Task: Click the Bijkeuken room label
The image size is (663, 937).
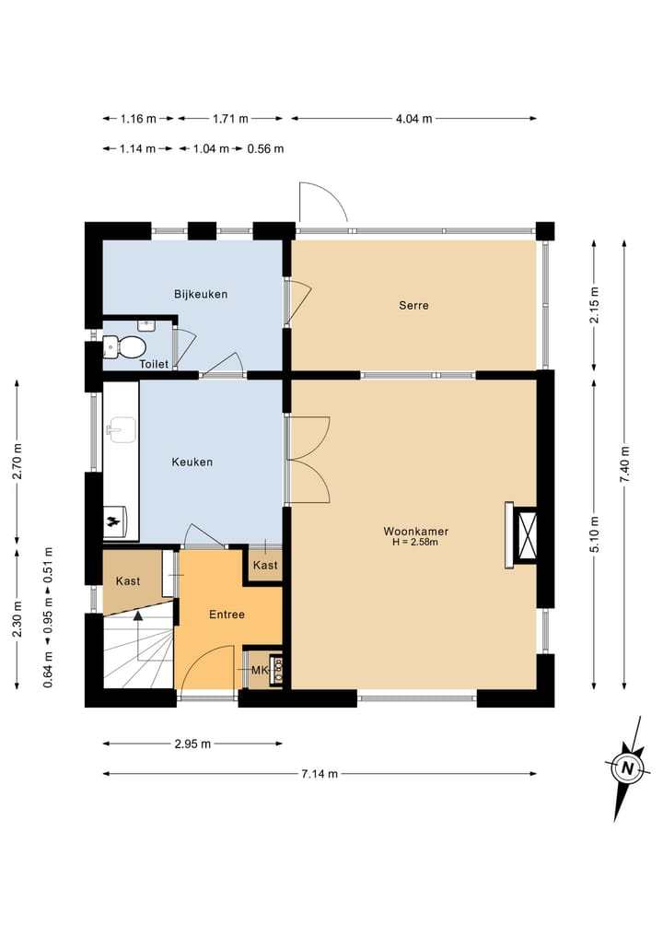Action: [201, 294]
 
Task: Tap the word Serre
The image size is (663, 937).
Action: [414, 305]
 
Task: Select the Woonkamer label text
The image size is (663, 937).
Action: [415, 532]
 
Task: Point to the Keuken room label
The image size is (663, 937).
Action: [192, 462]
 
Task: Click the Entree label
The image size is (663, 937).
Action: [227, 615]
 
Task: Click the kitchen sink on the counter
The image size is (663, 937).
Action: [122, 429]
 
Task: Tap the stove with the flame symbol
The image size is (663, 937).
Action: [115, 522]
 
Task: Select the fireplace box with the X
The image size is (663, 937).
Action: [527, 535]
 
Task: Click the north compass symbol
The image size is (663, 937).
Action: [626, 767]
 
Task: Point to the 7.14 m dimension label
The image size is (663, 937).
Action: [320, 774]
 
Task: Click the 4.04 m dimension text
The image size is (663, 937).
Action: [414, 118]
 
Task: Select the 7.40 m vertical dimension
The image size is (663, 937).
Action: [624, 464]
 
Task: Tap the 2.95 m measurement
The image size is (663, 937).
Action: [193, 744]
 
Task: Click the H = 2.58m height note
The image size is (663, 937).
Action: [415, 543]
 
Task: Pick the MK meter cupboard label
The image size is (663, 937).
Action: [260, 671]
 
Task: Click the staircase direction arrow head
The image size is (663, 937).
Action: [138, 616]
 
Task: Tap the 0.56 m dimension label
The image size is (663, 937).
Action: [266, 149]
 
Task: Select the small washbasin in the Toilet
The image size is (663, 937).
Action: [146, 325]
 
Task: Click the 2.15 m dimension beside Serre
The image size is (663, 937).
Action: [594, 305]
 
